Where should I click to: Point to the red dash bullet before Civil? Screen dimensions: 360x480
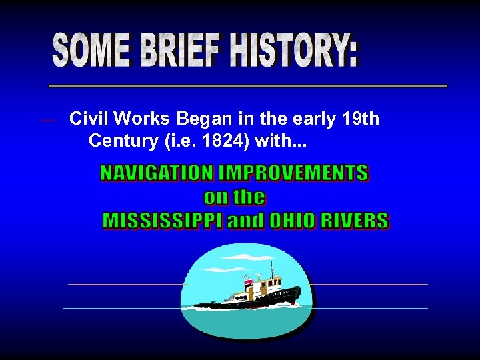47,121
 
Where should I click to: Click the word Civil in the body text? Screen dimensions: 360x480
89,119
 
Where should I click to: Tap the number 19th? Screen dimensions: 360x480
360,119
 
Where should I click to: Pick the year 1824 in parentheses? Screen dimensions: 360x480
203,141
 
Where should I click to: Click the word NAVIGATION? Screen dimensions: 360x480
157,174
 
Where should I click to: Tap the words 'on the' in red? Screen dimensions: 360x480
235,197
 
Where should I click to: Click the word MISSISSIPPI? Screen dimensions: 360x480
163,221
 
